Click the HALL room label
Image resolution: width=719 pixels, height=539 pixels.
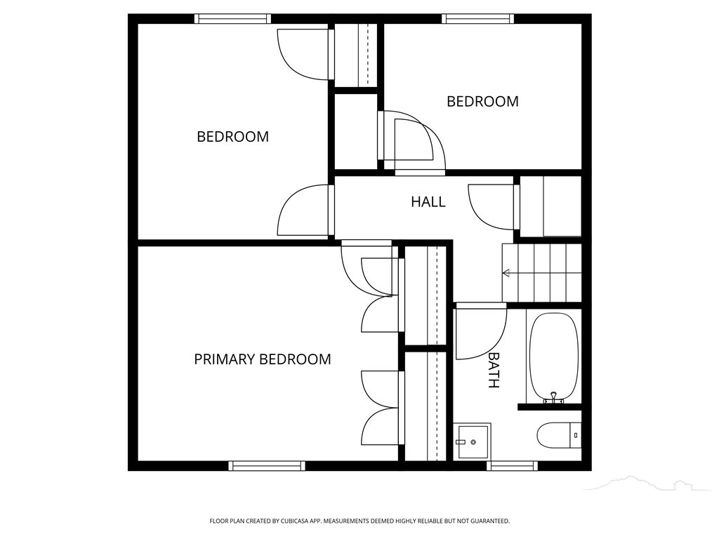[428, 201]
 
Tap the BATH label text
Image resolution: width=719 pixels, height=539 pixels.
[494, 371]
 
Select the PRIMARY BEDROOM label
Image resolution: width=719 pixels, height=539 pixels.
[263, 359]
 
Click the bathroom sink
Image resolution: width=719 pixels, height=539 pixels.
[472, 441]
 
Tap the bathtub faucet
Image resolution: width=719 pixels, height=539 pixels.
[553, 397]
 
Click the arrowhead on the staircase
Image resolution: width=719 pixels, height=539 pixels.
[506, 273]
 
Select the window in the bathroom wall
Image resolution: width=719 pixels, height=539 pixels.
[512, 466]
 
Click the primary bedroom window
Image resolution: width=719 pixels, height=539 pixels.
[267, 466]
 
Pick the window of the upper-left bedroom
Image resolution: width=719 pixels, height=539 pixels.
[232, 18]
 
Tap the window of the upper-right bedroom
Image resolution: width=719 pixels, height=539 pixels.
[477, 18]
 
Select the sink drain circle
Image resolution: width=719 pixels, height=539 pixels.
[473, 442]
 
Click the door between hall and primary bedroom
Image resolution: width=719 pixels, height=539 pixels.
[367, 270]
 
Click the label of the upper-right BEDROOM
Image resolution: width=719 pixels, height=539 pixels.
[482, 101]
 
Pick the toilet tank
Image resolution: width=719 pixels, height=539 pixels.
[575, 435]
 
